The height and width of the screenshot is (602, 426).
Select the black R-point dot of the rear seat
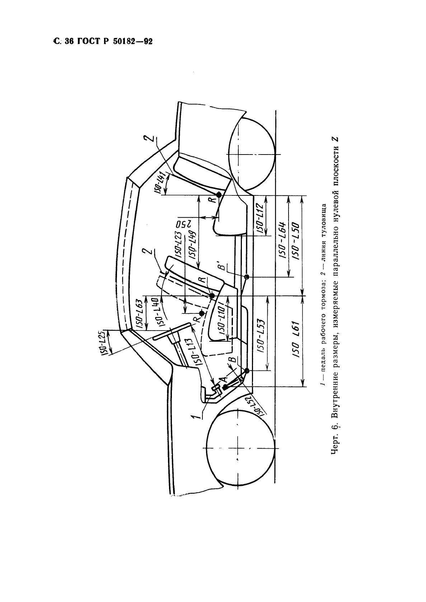219,195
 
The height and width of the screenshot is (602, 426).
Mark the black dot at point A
224,387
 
